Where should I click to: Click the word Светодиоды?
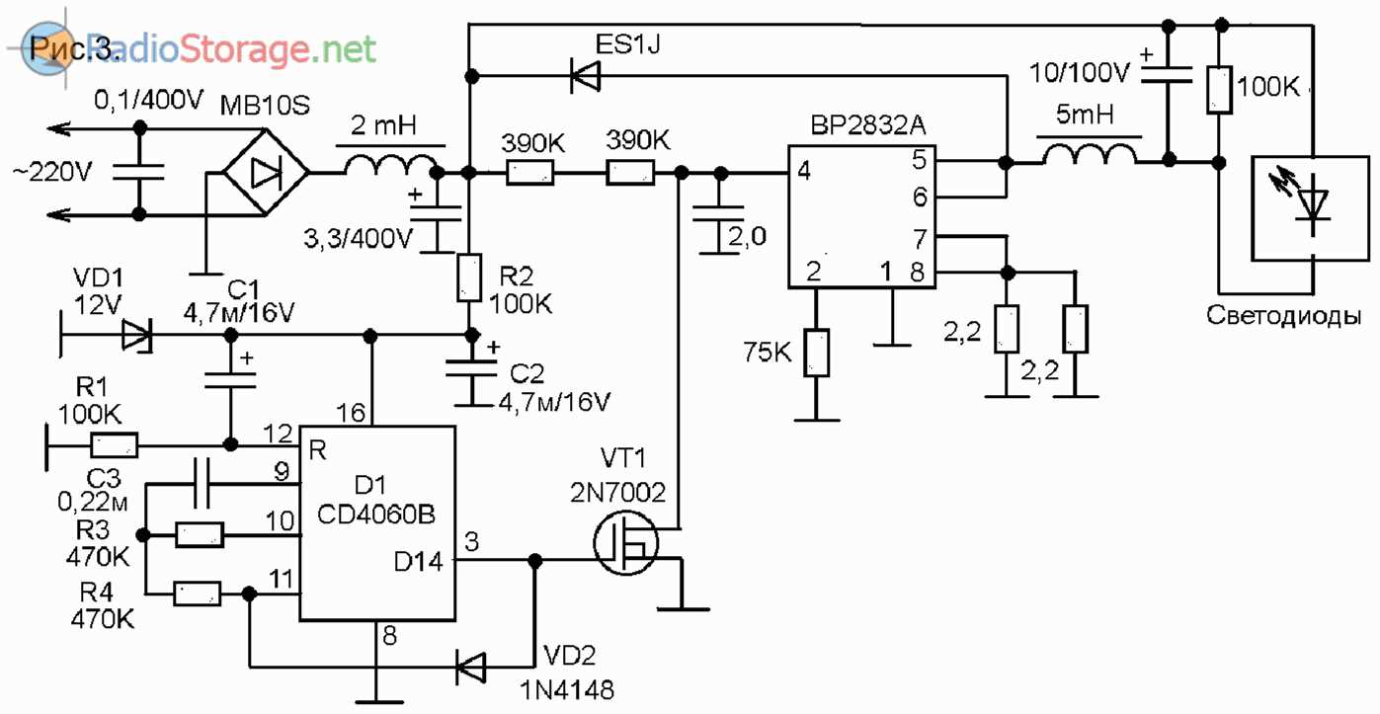coord(1284,318)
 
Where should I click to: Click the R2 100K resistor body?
coord(470,278)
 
